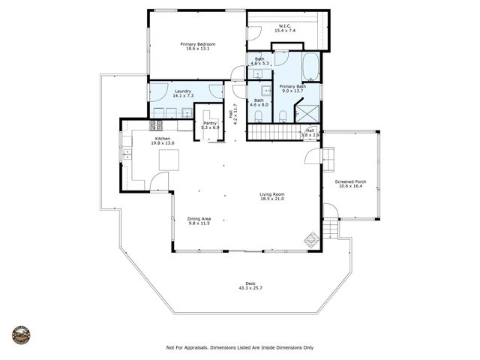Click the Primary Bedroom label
click(x=198, y=44)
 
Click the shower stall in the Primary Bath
click(x=307, y=113)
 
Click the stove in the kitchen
click(x=157, y=125)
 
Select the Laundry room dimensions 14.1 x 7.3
click(x=184, y=97)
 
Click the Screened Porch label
click(x=350, y=181)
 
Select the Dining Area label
click(x=199, y=218)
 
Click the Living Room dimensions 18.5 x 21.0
click(x=272, y=199)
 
